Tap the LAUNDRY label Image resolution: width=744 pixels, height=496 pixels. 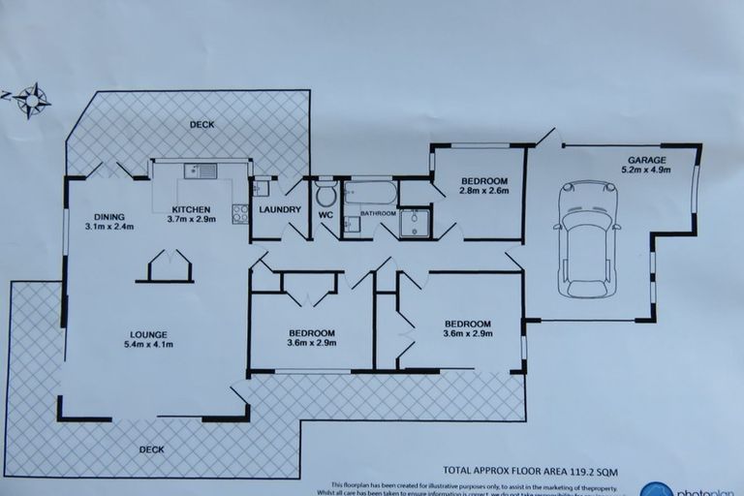(279, 210)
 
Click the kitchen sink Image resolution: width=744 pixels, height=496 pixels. (202, 173)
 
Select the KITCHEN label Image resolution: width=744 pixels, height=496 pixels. (192, 209)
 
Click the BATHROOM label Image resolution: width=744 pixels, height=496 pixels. (378, 212)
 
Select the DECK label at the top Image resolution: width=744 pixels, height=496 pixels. (202, 124)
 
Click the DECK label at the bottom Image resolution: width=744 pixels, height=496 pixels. (150, 449)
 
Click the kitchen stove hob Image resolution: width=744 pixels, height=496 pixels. (239, 211)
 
